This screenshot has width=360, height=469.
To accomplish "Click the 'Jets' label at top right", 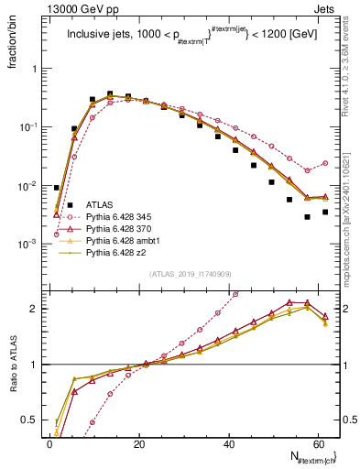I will [326, 9].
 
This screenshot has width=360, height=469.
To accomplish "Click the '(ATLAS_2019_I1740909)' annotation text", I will [191, 275].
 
